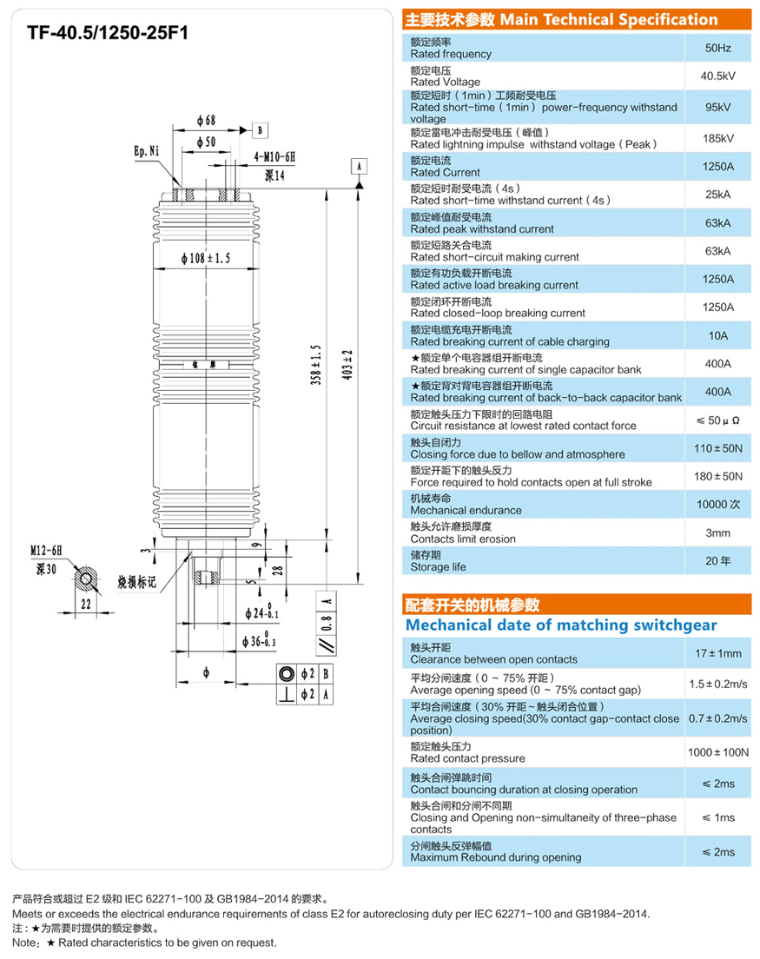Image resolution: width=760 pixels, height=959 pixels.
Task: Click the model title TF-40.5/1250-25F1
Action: (108, 33)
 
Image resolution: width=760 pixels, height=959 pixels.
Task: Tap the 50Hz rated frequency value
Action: (717, 48)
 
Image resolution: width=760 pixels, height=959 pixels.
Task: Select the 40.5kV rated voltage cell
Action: (717, 76)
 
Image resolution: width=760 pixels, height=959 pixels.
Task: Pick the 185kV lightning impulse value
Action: (717, 138)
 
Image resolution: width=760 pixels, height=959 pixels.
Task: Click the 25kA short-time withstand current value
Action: (717, 195)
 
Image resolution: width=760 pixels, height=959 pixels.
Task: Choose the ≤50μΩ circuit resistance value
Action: (717, 420)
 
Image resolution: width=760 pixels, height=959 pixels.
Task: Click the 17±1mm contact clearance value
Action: (717, 653)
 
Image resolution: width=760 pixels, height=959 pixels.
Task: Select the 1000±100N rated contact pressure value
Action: (717, 752)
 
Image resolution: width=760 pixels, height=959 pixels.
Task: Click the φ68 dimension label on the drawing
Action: (206, 120)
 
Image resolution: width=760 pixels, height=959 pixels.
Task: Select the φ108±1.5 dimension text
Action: (206, 259)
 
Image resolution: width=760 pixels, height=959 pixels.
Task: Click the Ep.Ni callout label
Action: (147, 151)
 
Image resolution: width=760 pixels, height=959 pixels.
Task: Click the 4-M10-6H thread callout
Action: (275, 157)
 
